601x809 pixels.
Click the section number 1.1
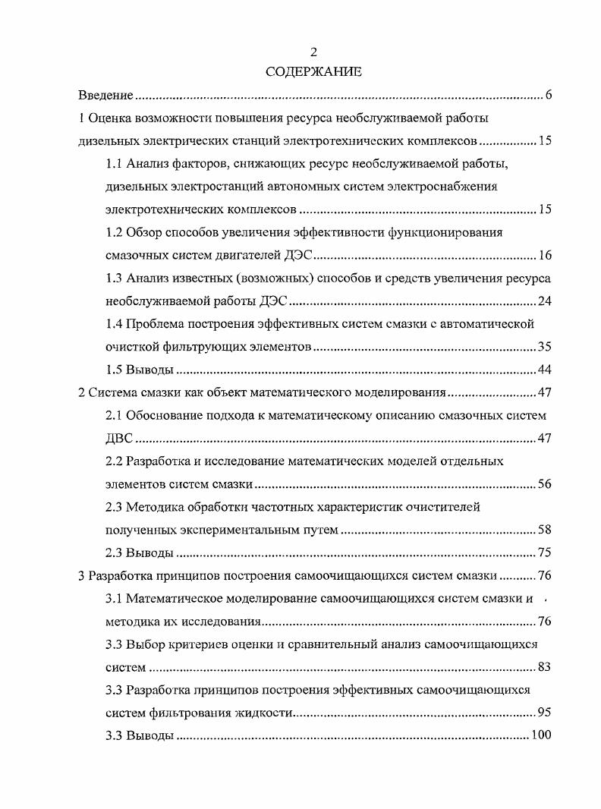115,164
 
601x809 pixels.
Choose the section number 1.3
115,278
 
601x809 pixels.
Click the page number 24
544,301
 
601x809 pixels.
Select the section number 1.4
115,324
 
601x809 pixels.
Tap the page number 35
544,347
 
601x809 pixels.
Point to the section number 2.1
115,416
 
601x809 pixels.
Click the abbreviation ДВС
120,439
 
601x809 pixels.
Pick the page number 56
544,484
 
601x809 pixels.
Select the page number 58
544,530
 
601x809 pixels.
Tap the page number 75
544,552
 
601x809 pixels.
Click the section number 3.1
115,599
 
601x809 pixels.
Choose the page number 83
544,667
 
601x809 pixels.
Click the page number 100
541,735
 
